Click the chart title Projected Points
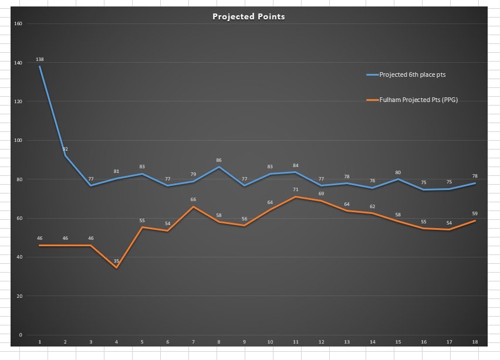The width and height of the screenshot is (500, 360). coord(249,16)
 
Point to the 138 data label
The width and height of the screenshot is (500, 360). coord(40,59)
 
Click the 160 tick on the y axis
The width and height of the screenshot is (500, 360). coord(17,24)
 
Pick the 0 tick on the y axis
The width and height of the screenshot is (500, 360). coord(21,335)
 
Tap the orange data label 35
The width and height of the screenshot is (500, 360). coord(116,261)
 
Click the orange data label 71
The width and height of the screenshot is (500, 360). coord(295,190)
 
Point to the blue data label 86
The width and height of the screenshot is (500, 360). coord(219,160)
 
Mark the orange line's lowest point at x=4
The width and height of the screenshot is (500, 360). coord(116,267)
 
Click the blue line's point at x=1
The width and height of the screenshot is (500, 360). coord(40,67)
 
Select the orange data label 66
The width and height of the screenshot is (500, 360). coord(193,200)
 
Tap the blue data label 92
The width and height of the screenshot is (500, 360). coord(65,149)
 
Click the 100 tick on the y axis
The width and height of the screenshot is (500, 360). coord(17,141)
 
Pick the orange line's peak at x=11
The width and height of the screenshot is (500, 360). coord(295,197)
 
